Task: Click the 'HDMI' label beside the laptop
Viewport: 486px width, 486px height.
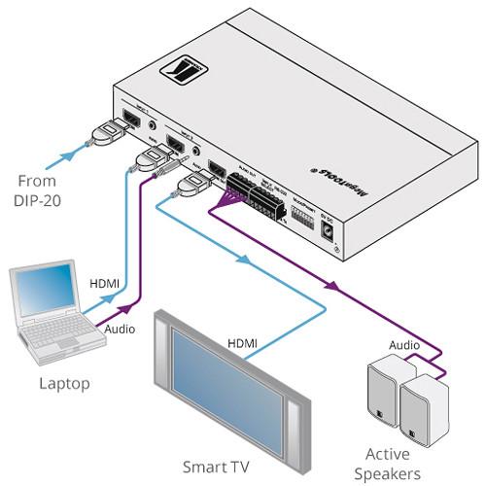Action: coord(104,283)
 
